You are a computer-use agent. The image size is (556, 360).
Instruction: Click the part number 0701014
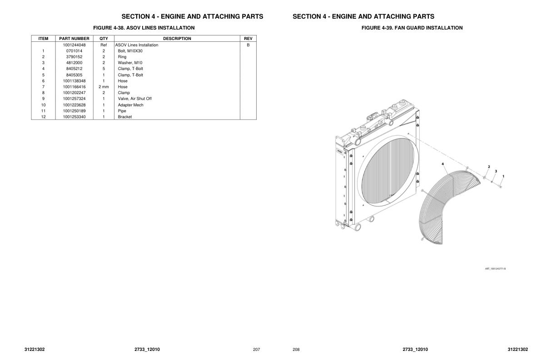(74, 51)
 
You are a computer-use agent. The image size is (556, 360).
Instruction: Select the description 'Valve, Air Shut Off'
(134, 99)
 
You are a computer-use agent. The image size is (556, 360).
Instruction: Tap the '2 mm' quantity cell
(104, 87)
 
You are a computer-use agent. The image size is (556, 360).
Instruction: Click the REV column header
(248, 39)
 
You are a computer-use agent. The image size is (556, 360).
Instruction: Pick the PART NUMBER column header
(74, 39)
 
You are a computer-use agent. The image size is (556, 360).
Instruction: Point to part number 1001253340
(74, 117)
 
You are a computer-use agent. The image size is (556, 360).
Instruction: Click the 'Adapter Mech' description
(130, 105)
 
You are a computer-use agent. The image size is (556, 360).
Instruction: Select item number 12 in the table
(44, 117)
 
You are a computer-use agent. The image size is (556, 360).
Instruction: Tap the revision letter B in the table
(248, 45)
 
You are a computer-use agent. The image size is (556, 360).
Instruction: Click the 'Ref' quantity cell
(104, 45)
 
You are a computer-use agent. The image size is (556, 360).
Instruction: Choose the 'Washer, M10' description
(130, 63)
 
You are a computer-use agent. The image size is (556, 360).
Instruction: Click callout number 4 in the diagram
(442, 164)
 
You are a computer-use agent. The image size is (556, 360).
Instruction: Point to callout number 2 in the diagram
(489, 167)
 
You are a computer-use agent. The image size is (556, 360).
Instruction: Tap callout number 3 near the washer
(496, 171)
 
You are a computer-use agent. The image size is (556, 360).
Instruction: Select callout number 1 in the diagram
(503, 176)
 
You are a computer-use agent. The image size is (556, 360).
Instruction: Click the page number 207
(256, 350)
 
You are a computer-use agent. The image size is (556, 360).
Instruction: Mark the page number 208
(296, 350)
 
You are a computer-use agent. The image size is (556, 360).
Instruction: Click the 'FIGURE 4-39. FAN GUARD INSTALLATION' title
(412, 28)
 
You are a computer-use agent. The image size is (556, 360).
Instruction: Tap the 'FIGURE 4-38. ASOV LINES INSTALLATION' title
(144, 28)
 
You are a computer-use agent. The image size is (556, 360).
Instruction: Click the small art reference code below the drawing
(496, 269)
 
